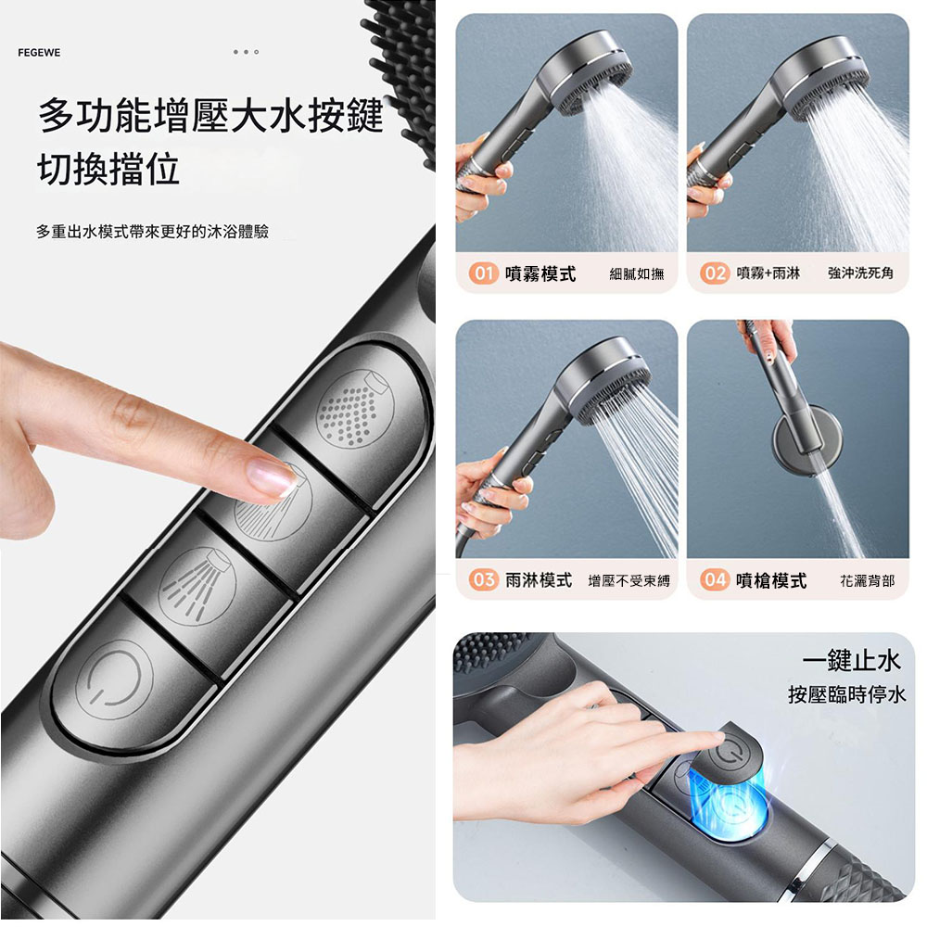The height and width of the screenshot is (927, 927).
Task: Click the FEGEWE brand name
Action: tap(39, 53)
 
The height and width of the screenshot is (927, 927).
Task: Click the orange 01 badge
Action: tap(483, 273)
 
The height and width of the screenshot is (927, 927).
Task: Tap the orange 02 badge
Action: tap(715, 273)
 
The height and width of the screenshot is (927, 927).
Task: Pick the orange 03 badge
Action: tap(483, 580)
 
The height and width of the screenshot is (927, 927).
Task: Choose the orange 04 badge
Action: tap(715, 580)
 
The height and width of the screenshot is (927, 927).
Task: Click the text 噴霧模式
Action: tap(540, 273)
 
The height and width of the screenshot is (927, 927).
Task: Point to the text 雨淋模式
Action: tap(539, 580)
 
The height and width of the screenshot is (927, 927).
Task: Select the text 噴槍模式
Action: tap(770, 580)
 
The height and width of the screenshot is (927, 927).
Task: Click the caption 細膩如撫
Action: tap(637, 273)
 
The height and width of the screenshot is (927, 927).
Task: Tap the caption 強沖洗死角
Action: tap(860, 273)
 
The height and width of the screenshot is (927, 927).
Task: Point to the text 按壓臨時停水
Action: tap(846, 694)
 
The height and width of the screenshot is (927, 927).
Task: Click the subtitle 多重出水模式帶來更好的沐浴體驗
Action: tap(152, 231)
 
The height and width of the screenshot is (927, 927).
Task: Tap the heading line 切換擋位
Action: tap(108, 169)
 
